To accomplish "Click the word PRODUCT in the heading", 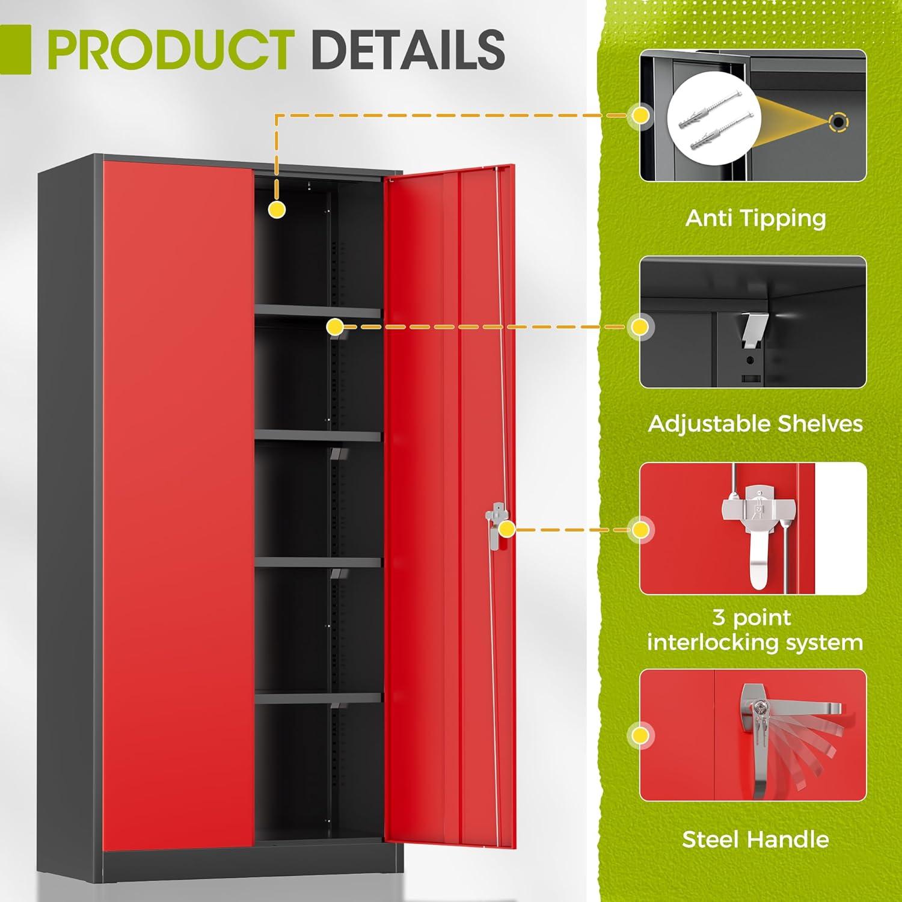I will coord(171,49).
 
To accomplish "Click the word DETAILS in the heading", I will coord(409,49).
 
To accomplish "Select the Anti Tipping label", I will coord(755,218).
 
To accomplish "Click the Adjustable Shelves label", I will coord(755,424).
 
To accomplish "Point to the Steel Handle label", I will coord(755,839).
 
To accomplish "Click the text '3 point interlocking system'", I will coord(755,630).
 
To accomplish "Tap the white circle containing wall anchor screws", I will coord(714,125).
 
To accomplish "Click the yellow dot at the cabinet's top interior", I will coord(276,209).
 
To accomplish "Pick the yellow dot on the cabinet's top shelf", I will coord(335,327).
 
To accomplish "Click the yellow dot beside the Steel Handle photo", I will coord(640,735).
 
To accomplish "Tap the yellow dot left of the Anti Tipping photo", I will coord(641,114).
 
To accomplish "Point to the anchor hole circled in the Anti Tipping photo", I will coord(838,123).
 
